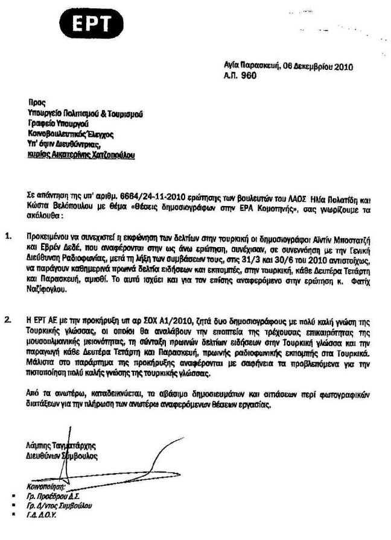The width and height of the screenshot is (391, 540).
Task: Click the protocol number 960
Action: (x=249, y=75)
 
